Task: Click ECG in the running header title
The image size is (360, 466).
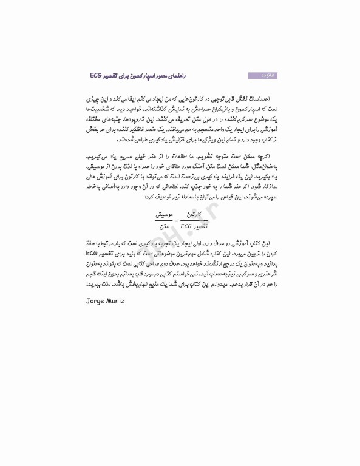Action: click(99, 75)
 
